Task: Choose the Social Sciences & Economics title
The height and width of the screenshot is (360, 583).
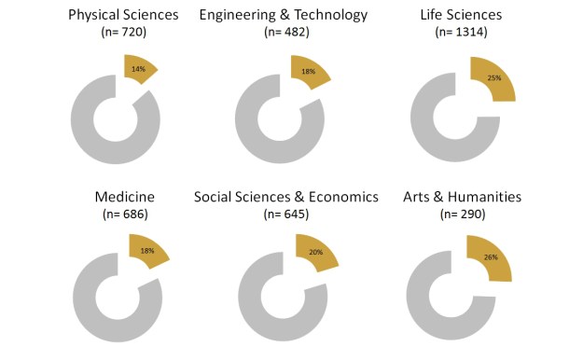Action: pos(285,197)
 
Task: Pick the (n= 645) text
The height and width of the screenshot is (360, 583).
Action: pos(285,215)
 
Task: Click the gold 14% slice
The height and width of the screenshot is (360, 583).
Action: pos(139,69)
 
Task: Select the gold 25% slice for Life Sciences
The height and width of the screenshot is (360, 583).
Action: pos(493,79)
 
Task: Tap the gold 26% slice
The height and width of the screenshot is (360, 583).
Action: pos(490,257)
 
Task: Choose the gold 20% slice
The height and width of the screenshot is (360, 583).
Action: pos(314,253)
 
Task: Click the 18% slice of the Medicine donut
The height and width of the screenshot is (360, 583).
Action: pos(147,251)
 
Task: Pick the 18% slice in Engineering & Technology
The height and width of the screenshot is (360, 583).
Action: pos(308,72)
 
